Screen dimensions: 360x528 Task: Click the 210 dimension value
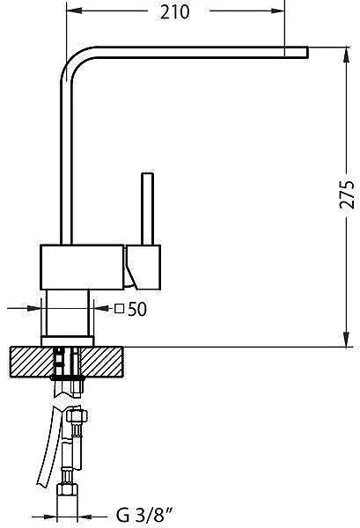[175, 12]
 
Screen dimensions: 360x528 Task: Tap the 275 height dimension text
[347, 195]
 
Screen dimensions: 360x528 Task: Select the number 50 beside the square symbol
[137, 309]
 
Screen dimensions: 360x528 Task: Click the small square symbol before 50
[119, 309]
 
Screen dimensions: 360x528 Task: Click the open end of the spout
[307, 52]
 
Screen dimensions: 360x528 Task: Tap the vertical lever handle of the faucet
[148, 209]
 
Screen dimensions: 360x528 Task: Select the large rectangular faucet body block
[82, 267]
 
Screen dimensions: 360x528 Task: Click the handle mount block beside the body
[143, 267]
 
